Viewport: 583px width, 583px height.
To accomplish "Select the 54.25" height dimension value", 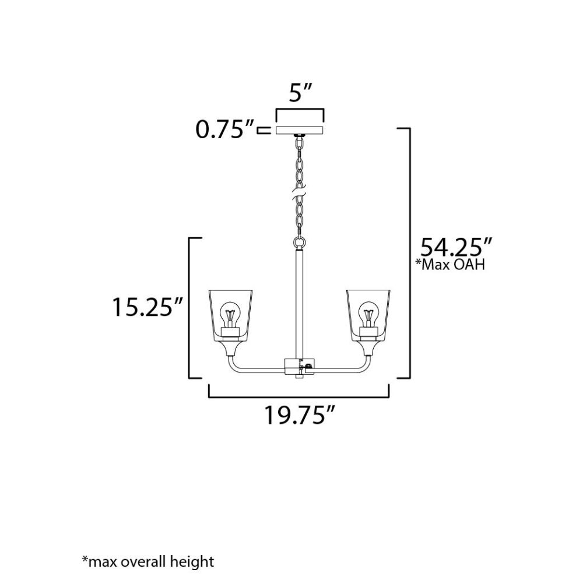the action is (456, 247).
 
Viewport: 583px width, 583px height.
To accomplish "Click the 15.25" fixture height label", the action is (148, 307).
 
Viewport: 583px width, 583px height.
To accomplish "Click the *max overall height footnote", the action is (148, 561).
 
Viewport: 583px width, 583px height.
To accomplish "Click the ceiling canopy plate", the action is (300, 130).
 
